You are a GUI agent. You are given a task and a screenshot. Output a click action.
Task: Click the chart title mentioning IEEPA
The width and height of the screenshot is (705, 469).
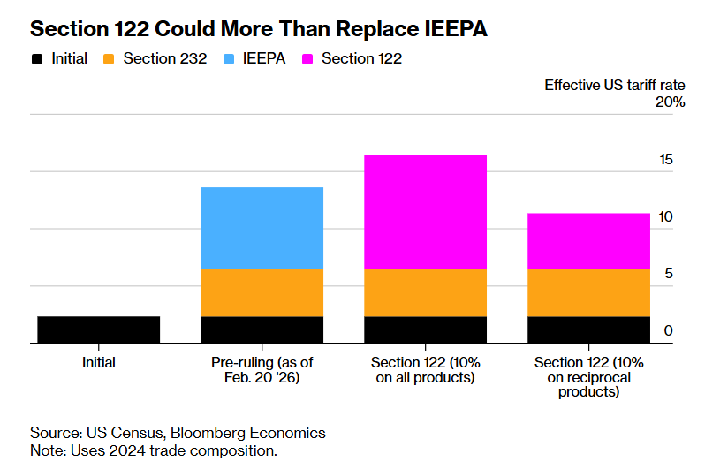click(x=259, y=28)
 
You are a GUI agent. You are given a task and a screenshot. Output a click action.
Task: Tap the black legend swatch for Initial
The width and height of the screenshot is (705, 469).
click(x=37, y=60)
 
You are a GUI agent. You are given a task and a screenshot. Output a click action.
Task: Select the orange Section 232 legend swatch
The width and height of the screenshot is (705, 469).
click(x=109, y=60)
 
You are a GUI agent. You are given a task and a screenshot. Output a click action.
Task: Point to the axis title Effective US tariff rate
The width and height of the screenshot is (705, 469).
click(x=614, y=85)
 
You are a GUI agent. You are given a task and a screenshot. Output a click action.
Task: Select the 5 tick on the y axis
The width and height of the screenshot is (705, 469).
click(x=669, y=274)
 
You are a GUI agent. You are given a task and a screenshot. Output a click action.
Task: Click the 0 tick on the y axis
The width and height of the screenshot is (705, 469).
click(x=669, y=331)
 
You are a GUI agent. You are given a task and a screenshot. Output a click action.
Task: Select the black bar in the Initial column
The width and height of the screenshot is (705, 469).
click(x=98, y=329)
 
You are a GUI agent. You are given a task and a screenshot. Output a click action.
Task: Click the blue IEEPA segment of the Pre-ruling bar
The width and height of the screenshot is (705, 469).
click(x=262, y=228)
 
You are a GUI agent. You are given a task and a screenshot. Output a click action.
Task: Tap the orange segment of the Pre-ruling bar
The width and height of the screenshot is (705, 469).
click(x=262, y=292)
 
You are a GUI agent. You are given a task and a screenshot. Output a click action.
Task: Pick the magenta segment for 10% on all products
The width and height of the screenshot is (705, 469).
click(x=425, y=212)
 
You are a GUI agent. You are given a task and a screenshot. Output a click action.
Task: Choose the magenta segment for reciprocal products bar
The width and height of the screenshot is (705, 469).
click(x=588, y=241)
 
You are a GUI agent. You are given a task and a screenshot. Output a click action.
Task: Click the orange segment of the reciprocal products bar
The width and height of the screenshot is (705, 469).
click(x=588, y=292)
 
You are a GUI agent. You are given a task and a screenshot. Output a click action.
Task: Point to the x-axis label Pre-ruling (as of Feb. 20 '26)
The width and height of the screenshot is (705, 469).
click(x=262, y=370)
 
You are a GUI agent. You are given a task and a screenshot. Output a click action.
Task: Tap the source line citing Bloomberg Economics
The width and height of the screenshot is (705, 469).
click(x=178, y=433)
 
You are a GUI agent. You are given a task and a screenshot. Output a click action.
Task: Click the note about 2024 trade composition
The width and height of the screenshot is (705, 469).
click(x=154, y=450)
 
